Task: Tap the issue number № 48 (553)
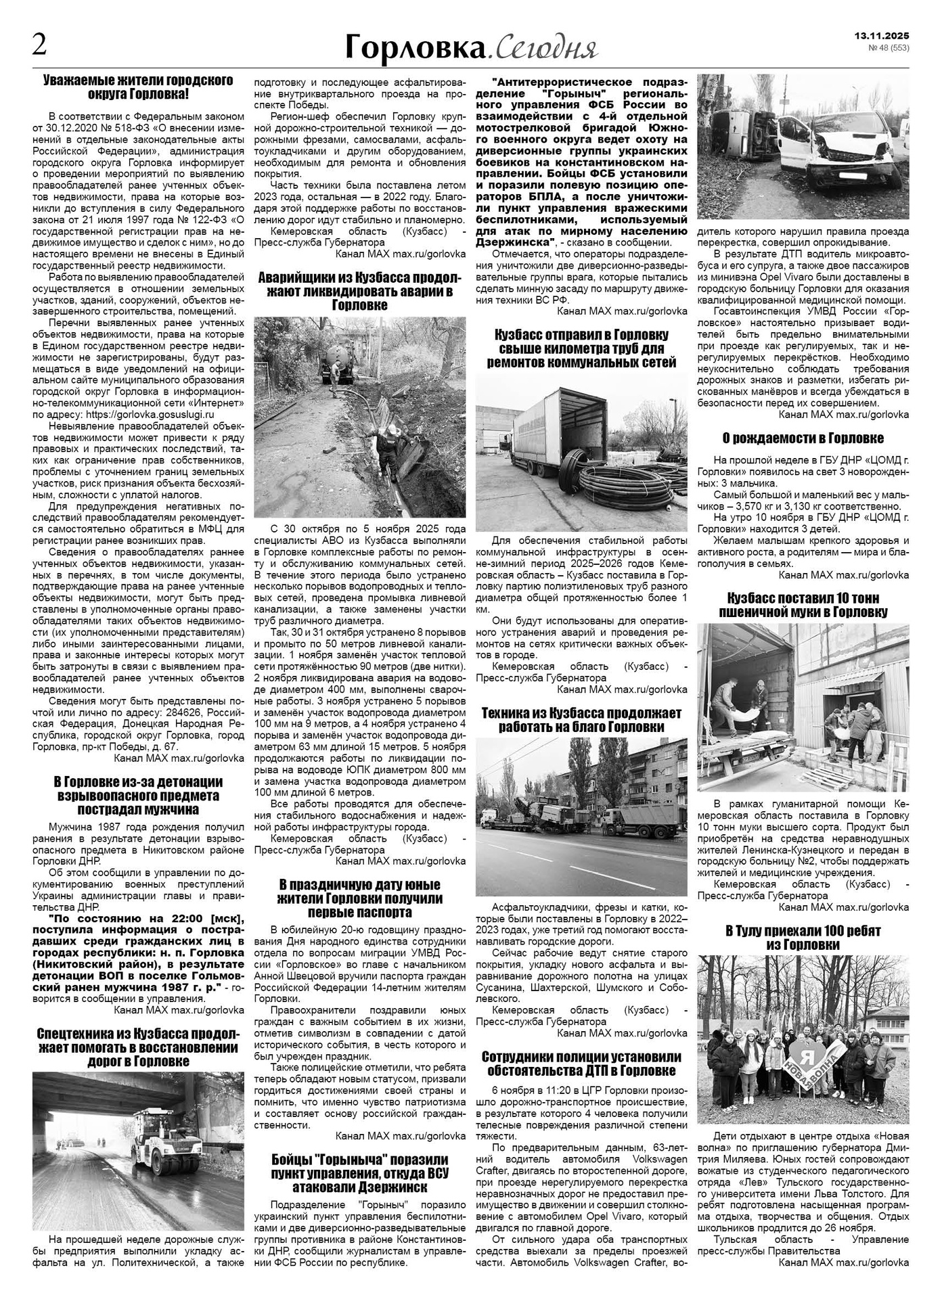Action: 888,48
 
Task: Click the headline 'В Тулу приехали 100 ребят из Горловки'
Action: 803,938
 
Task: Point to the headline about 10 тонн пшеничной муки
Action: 803,605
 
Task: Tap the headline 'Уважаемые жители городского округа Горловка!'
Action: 138,87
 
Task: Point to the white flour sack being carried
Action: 744,714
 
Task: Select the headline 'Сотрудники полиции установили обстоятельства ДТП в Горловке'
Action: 582,1064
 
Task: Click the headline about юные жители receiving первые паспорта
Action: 359,898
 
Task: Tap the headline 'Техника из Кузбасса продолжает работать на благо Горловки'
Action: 582,720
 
